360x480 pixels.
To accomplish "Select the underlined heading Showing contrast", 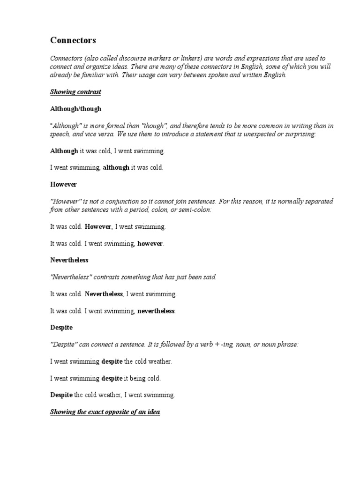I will pos(75,92).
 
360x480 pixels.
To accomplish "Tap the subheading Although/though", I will pos(75,109).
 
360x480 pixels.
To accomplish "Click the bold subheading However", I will pos(63,184).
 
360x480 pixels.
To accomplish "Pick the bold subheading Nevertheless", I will pos(69,260).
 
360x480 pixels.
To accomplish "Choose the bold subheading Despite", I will pos(61,327).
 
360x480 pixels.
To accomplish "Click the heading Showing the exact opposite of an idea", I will pos(105,412).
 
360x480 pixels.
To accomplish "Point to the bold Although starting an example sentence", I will pos(64,151).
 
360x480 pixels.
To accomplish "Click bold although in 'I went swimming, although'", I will pos(116,167).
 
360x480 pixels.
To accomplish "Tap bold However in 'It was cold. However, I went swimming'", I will pos(98,226).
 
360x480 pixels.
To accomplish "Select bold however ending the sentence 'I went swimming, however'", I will pos(150,243).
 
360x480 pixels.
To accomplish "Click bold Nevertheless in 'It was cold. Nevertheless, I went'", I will pos(104,294).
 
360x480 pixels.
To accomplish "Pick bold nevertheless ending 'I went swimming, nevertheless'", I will pos(156,311).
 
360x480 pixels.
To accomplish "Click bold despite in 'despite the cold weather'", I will pos(112,361).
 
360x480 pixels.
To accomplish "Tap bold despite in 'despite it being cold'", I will pos(112,378).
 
